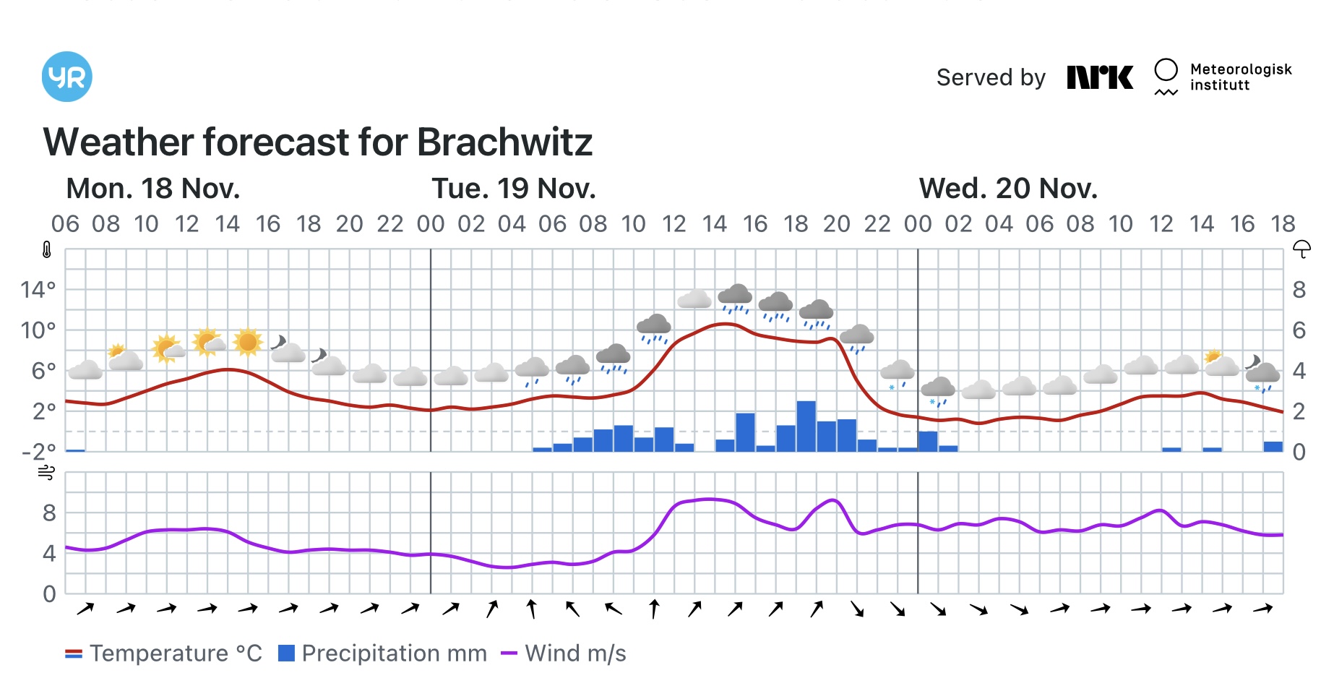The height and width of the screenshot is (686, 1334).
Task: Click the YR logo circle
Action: [x=67, y=77]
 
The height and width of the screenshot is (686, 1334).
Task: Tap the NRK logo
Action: [x=1100, y=77]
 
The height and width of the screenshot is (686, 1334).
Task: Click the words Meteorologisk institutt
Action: [x=1240, y=77]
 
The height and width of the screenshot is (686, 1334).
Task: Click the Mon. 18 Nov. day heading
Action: [x=152, y=189]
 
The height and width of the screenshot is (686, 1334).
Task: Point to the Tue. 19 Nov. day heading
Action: [x=513, y=189]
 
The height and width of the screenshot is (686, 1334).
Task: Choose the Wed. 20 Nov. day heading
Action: [x=1007, y=189]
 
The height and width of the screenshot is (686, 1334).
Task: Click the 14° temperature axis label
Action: [x=38, y=290]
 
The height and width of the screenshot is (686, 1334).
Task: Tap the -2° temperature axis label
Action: [x=38, y=453]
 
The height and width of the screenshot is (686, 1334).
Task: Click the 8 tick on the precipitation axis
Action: [x=1299, y=290]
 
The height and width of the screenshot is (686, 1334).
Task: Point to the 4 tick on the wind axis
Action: [x=48, y=554]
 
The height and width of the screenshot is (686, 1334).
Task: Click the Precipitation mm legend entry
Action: [x=382, y=653]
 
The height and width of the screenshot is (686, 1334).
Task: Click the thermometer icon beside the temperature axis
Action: [x=47, y=250]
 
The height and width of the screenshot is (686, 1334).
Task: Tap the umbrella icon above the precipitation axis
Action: [x=1301, y=249]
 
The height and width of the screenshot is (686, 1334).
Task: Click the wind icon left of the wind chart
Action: [x=46, y=473]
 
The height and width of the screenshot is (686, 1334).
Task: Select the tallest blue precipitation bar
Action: [x=806, y=426]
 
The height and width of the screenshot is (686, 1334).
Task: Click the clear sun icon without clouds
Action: [x=248, y=342]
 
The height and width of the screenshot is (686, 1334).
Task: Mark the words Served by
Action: [x=991, y=77]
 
